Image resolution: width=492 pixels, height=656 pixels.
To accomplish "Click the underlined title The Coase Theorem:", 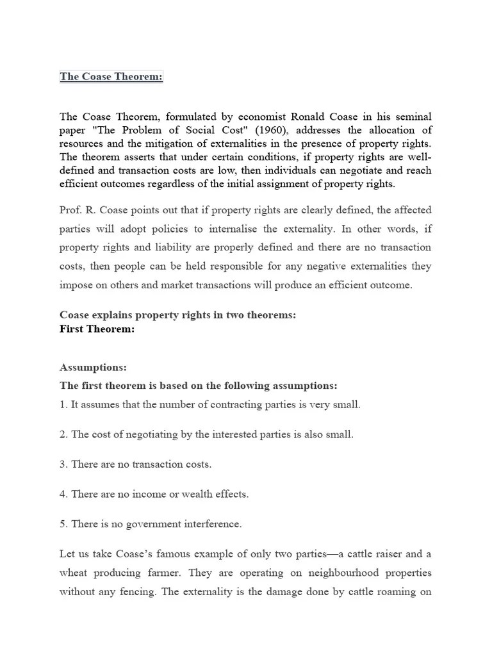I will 111,77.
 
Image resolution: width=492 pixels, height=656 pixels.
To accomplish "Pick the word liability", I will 187,247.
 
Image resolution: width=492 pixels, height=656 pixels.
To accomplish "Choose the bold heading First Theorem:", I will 97,329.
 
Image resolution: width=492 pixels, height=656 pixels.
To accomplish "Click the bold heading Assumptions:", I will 93,367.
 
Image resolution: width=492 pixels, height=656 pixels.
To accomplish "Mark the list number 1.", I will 63,405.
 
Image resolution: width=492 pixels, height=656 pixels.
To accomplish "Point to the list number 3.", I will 63,464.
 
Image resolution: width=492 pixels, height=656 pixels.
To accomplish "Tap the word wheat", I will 74,573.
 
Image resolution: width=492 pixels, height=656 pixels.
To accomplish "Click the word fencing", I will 136,592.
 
